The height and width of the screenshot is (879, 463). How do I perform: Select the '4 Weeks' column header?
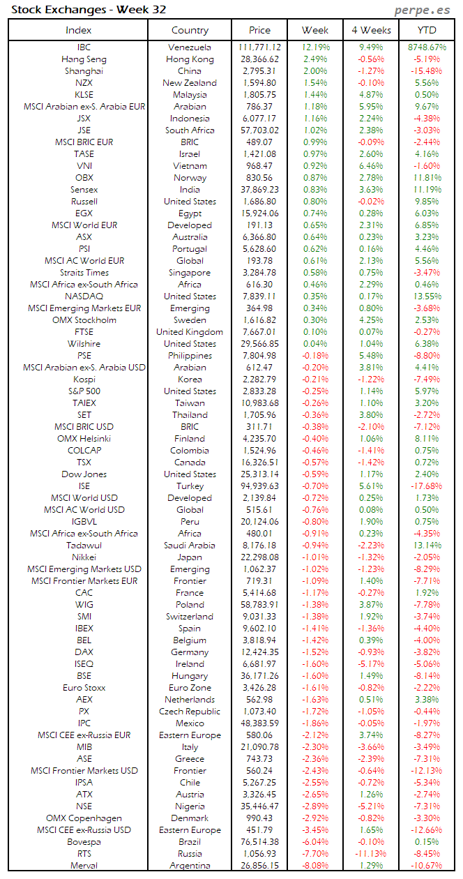[x=371, y=30]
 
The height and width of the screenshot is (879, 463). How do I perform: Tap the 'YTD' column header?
[x=427, y=30]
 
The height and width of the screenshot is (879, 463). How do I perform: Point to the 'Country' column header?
[x=190, y=30]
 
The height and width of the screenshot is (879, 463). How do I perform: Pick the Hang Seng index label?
[x=84, y=59]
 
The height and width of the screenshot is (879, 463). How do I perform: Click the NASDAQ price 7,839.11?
[x=259, y=296]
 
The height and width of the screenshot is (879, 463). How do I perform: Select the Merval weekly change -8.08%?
[x=316, y=866]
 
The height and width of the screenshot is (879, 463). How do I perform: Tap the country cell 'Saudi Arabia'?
[x=190, y=546]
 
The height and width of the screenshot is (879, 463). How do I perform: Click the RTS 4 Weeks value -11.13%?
[x=371, y=854]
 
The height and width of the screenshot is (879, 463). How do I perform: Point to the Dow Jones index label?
[x=84, y=474]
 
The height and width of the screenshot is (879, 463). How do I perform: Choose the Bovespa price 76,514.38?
[x=259, y=842]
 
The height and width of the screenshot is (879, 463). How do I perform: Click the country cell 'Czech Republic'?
[x=190, y=712]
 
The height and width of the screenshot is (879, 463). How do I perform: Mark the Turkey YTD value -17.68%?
[x=427, y=486]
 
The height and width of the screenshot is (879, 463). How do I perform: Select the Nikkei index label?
[x=84, y=557]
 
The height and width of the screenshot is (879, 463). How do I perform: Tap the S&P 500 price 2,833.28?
[x=259, y=391]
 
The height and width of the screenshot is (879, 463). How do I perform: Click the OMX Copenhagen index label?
[x=84, y=818]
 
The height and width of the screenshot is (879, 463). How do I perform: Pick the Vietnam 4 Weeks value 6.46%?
[x=371, y=166]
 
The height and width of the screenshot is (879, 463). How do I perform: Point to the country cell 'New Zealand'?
[x=190, y=83]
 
